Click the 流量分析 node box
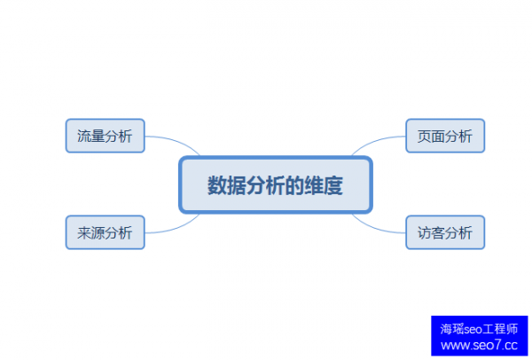[x=105, y=136]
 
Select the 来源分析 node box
[x=105, y=232]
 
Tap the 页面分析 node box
[x=445, y=136]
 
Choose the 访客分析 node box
[x=445, y=232]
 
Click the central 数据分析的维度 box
[x=275, y=184]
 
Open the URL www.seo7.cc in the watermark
[x=479, y=345]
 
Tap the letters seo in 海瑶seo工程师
[x=476, y=328]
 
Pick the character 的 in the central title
[x=292, y=185]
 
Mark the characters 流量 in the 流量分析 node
[x=90, y=136]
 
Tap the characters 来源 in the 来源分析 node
[x=90, y=232]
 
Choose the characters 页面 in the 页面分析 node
[x=431, y=136]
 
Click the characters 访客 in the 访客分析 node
[x=431, y=232]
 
